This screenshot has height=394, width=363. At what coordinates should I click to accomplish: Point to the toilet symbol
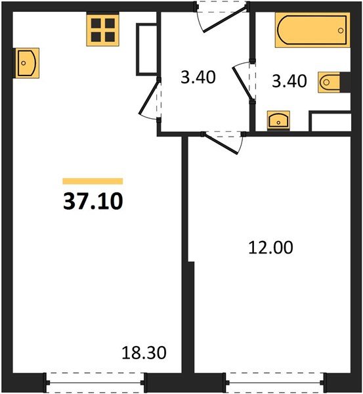[330, 83]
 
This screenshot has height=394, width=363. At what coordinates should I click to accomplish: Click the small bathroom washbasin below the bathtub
[278, 120]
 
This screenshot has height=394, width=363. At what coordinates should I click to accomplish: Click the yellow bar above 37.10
[93, 181]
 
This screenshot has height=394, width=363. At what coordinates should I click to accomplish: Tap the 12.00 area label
[270, 248]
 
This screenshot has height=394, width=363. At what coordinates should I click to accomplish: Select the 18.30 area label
[144, 354]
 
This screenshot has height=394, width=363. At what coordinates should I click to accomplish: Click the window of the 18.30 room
[96, 380]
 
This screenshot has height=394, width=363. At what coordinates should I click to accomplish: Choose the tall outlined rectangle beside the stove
[145, 50]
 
